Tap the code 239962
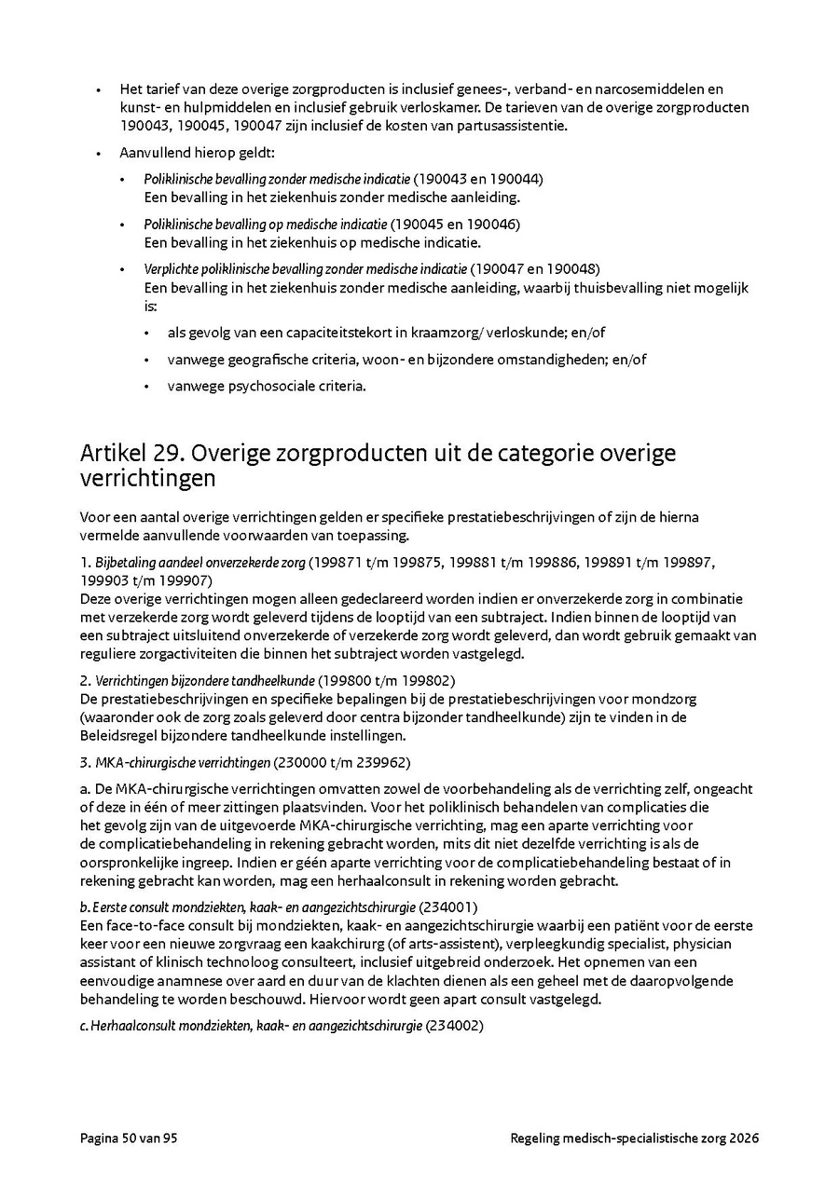pos(378,762)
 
